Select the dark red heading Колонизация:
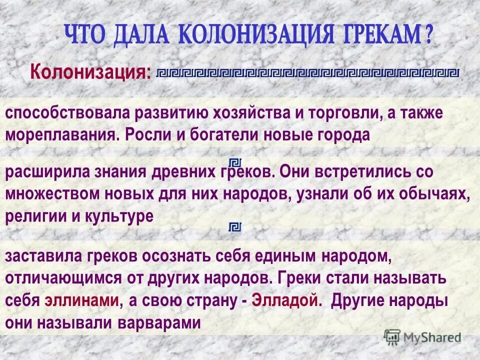90,73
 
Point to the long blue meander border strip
307,72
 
